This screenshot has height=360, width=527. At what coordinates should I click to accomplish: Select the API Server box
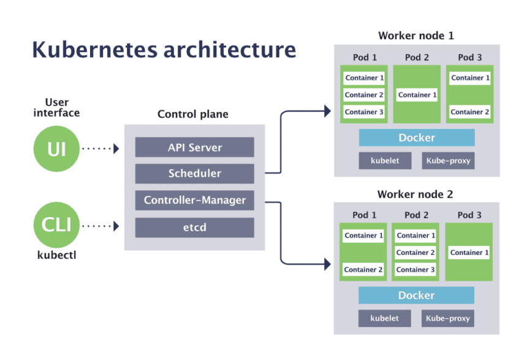194,147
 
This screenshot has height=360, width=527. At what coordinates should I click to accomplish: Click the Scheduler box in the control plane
194,174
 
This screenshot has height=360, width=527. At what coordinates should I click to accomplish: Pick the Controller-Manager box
194,200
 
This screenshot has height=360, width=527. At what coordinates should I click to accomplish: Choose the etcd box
194,227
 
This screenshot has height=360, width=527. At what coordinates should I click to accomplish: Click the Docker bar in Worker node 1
417,137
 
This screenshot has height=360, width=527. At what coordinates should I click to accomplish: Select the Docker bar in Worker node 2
417,295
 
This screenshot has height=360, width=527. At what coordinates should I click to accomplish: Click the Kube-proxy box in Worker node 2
448,318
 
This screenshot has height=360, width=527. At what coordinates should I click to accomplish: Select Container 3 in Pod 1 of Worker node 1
364,112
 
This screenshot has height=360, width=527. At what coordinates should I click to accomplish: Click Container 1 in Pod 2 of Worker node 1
417,95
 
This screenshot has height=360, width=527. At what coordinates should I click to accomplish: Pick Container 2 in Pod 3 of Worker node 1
470,112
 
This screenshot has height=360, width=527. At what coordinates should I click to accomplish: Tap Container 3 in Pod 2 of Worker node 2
416,270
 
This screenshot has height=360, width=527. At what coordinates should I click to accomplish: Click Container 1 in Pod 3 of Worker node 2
469,253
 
